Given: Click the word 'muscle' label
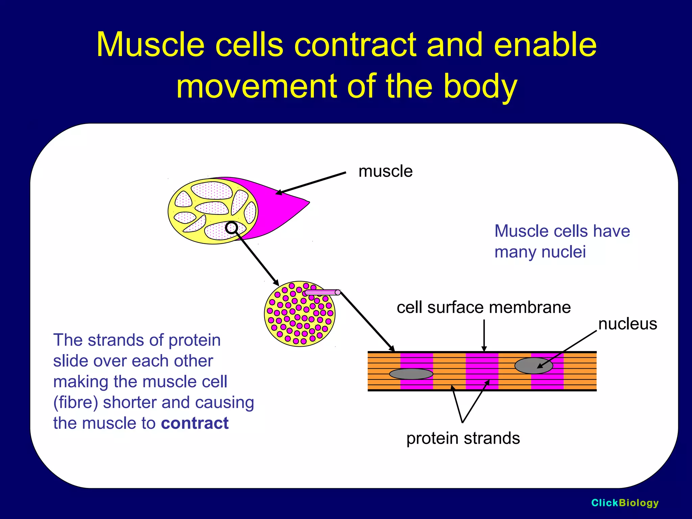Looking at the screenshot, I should click(x=385, y=171).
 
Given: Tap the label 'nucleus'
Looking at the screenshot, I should click(x=627, y=324).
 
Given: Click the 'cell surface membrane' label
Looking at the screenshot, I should click(x=484, y=307).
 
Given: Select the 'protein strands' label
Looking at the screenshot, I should click(x=463, y=438).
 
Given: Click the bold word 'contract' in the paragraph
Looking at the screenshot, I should click(x=195, y=423).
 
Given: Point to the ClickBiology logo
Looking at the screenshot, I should click(x=625, y=503).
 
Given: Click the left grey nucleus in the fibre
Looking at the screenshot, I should click(x=411, y=374).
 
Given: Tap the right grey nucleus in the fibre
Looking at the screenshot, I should click(x=534, y=366).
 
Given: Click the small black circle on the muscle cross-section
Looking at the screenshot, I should click(x=231, y=228).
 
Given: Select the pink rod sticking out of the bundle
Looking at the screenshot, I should click(x=323, y=292).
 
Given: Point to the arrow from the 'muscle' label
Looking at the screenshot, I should click(x=311, y=183).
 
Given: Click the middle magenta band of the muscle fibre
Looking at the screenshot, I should click(x=481, y=371).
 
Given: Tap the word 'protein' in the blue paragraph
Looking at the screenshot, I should click(x=194, y=340).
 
